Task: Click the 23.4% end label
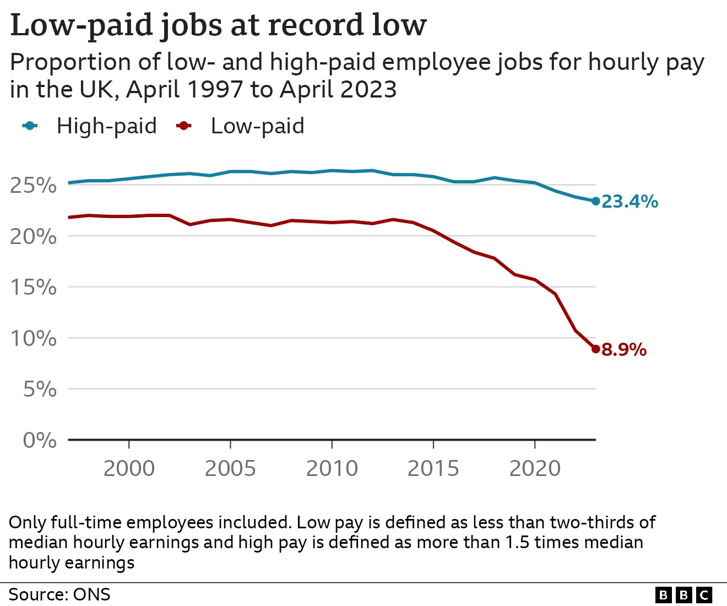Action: point(630,202)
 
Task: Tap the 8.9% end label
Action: point(624,350)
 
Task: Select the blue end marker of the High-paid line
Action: point(595,201)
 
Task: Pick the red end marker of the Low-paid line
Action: point(595,349)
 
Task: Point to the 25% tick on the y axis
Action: point(34,185)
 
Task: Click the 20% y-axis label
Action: point(34,236)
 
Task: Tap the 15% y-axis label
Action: point(34,287)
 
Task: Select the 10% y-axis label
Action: point(34,338)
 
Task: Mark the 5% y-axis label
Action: point(40,389)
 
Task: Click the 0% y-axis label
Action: point(40,440)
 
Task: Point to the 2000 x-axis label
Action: point(129,468)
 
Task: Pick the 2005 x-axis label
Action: point(230,468)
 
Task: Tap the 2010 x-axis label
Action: point(332,468)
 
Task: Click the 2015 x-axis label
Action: point(433,468)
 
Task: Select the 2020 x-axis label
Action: point(535,468)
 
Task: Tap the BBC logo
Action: point(684,595)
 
